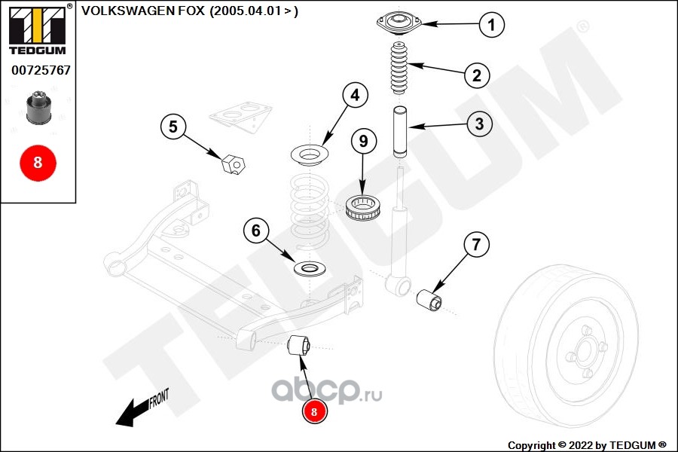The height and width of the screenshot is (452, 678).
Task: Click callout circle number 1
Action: click(x=491, y=26)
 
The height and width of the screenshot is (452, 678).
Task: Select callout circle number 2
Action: click(x=477, y=75)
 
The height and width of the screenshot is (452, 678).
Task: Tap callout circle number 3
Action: click(x=479, y=124)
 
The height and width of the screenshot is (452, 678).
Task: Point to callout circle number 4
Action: click(x=355, y=95)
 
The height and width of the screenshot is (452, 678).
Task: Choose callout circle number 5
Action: click(x=173, y=127)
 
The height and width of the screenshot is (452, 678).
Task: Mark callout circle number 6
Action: click(x=255, y=231)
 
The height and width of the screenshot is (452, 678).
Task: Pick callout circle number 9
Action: click(x=362, y=140)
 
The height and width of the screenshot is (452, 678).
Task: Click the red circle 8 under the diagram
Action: click(x=315, y=411)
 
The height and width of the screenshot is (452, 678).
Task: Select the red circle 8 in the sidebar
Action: click(x=38, y=162)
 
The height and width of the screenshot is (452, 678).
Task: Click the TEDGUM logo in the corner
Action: click(x=37, y=29)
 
